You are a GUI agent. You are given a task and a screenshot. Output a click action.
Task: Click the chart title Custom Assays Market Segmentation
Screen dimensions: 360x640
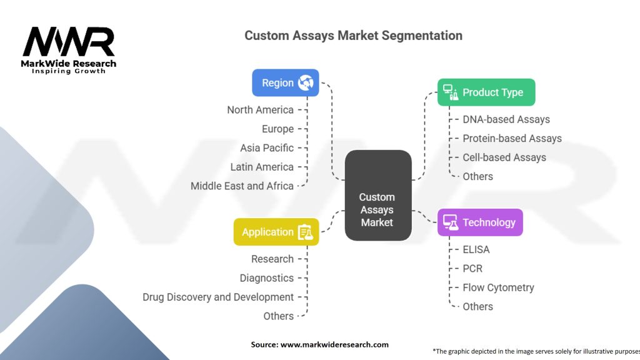pyautogui.click(x=353, y=35)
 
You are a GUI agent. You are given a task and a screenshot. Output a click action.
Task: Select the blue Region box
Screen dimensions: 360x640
pyautogui.click(x=285, y=82)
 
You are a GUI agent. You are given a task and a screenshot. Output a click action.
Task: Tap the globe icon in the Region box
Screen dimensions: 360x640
pyautogui.click(x=306, y=82)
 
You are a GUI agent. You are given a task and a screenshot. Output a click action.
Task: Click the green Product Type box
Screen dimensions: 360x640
pyautogui.click(x=486, y=92)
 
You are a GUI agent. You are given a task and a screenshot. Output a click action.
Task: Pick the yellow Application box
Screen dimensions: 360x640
pyautogui.click(x=276, y=232)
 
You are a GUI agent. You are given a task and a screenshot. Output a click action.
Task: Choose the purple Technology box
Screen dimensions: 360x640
pyautogui.click(x=479, y=222)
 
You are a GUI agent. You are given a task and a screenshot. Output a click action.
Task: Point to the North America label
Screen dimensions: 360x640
pyautogui.click(x=260, y=110)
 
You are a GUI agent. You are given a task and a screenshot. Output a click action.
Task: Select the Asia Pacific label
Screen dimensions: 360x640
pyautogui.click(x=267, y=148)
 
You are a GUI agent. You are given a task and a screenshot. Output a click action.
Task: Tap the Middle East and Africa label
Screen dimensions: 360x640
pyautogui.click(x=242, y=186)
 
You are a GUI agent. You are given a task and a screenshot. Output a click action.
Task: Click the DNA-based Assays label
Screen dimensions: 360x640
pyautogui.click(x=506, y=119)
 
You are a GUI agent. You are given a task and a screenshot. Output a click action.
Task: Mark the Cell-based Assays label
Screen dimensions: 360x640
pyautogui.click(x=504, y=157)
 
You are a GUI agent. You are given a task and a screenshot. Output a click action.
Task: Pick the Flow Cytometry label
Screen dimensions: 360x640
pyautogui.click(x=498, y=287)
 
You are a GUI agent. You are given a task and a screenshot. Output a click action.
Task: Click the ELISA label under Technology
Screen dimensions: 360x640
pyautogui.click(x=476, y=249)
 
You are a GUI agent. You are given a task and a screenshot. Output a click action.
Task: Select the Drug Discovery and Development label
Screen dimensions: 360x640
pyautogui.click(x=218, y=297)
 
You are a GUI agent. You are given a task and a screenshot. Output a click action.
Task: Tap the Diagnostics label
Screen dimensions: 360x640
pyautogui.click(x=267, y=278)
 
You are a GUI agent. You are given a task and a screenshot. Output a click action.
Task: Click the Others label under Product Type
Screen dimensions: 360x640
pyautogui.click(x=477, y=176)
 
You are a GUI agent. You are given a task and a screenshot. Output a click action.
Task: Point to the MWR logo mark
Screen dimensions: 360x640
pyautogui.click(x=69, y=42)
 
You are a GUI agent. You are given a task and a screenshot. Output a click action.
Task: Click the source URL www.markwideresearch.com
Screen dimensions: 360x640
pyautogui.click(x=334, y=344)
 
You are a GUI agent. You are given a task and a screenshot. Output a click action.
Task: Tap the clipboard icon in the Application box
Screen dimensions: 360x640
pyautogui.click(x=305, y=232)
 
